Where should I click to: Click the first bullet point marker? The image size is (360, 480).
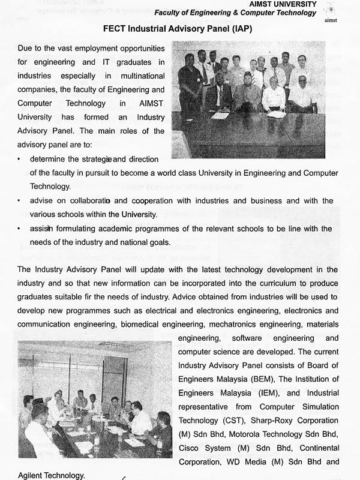coord(20,160)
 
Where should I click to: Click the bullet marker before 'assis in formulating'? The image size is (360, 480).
coord(20,229)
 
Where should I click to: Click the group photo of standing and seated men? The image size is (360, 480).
coord(248,100)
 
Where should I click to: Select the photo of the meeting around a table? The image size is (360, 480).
coord(95,398)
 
